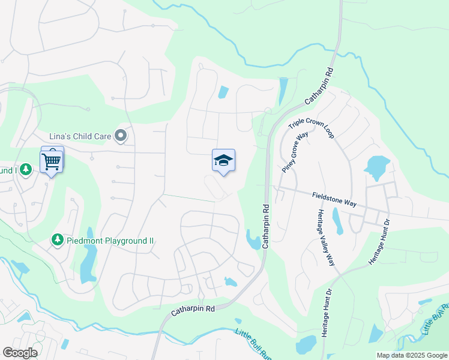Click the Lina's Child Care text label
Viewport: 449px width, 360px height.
[81, 136]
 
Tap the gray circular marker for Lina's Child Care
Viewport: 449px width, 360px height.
[121, 136]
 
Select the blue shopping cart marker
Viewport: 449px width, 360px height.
[52, 161]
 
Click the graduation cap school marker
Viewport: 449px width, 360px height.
[223, 161]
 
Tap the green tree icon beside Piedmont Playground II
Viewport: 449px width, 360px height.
[58, 240]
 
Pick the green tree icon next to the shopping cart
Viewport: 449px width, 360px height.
[25, 170]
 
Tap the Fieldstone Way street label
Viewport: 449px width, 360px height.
[334, 199]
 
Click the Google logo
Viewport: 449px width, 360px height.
[20, 353]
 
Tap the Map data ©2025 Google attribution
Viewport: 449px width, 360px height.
[412, 355]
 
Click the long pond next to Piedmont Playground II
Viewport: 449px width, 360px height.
[88, 261]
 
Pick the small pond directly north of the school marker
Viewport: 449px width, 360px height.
[223, 92]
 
